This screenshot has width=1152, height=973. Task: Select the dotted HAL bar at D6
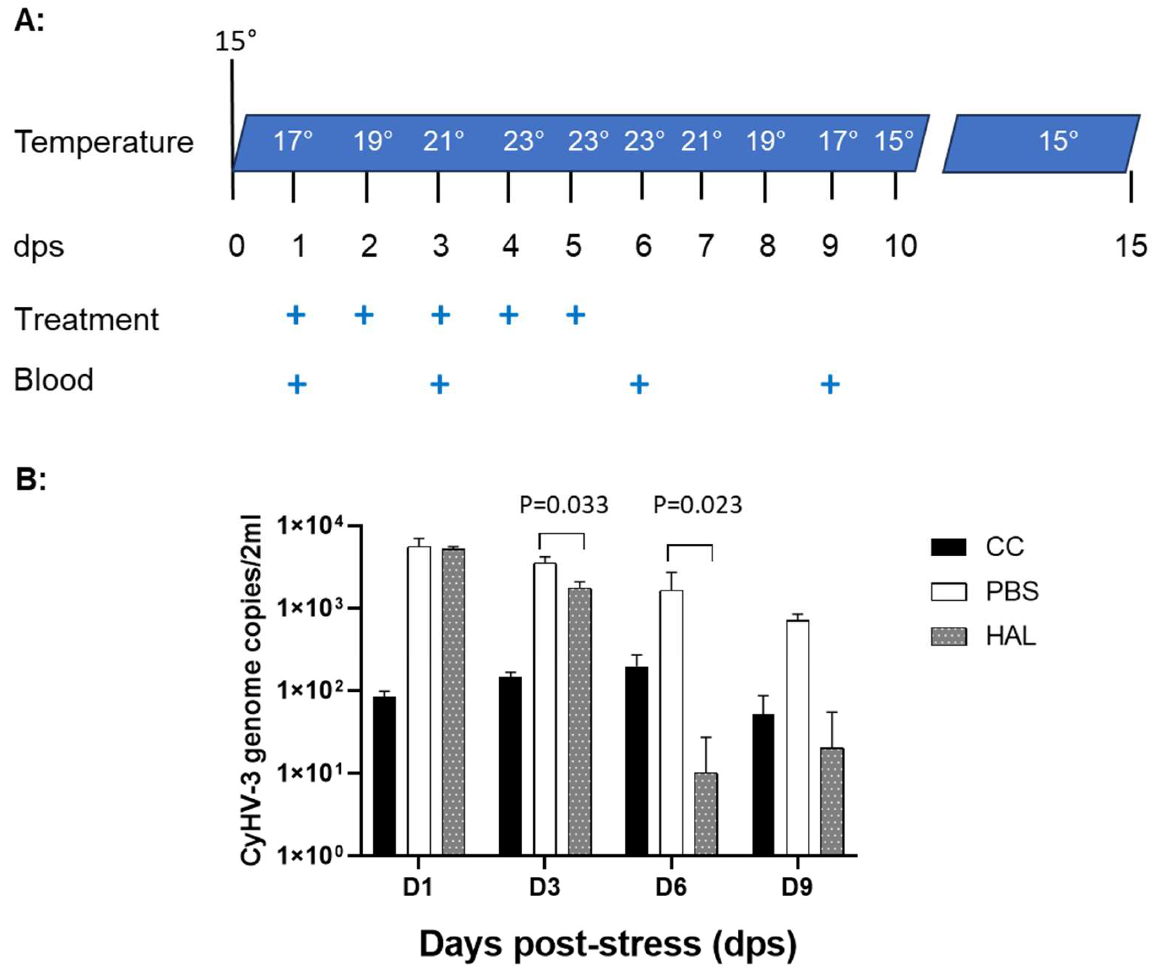pyautogui.click(x=706, y=814)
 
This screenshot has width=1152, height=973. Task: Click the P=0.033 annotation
pyautogui.click(x=563, y=505)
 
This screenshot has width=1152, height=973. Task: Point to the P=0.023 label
pyautogui.click(x=697, y=505)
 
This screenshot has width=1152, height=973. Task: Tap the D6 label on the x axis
pyautogui.click(x=671, y=888)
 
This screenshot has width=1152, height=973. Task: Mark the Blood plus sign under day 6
pyautogui.click(x=639, y=385)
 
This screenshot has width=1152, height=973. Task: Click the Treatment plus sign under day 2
pyautogui.click(x=364, y=315)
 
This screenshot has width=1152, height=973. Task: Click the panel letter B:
pyautogui.click(x=31, y=479)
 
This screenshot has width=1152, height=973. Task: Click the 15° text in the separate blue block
pyautogui.click(x=1058, y=141)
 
